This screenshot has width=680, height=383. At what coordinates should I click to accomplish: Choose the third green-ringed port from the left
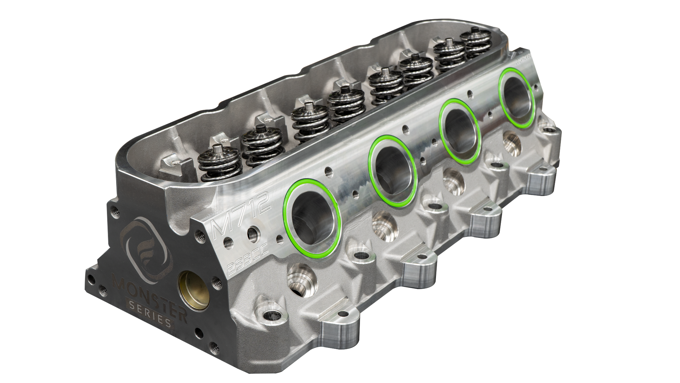[x=459, y=131]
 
